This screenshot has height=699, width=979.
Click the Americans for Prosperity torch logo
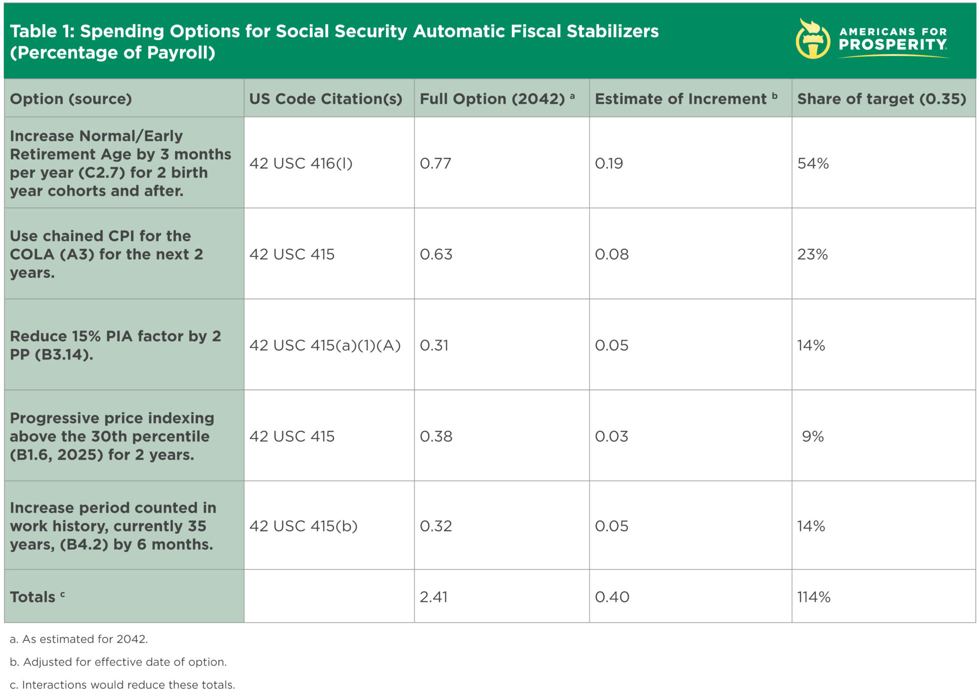pyautogui.click(x=812, y=39)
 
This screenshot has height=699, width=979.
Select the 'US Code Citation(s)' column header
pyautogui.click(x=325, y=99)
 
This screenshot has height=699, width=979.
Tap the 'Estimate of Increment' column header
pyautogui.click(x=681, y=99)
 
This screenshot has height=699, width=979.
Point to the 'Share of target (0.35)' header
pyautogui.click(x=881, y=99)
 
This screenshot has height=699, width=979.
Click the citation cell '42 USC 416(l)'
pyautogui.click(x=301, y=164)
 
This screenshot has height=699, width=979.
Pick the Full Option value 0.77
pyautogui.click(x=435, y=164)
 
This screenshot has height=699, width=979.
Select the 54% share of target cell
pyautogui.click(x=813, y=164)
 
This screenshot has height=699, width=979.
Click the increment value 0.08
pyautogui.click(x=611, y=254)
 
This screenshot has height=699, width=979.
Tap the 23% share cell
pyautogui.click(x=812, y=254)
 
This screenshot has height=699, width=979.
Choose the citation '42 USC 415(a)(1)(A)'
pyautogui.click(x=325, y=346)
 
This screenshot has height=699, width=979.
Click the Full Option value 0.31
pyautogui.click(x=434, y=346)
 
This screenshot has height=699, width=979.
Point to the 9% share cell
pyautogui.click(x=813, y=436)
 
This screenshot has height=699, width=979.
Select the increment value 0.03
pyautogui.click(x=611, y=436)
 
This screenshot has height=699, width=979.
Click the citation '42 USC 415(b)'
pyautogui.click(x=303, y=526)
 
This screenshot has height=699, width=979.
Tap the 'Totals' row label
pyautogui.click(x=33, y=597)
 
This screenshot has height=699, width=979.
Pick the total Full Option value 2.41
pyautogui.click(x=433, y=597)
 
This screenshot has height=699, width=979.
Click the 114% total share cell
pyautogui.click(x=813, y=597)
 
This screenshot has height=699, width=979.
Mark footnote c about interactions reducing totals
pyautogui.click(x=122, y=685)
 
